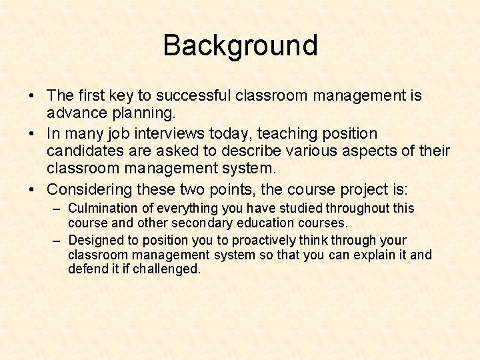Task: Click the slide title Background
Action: click(240, 46)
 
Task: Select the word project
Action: click(374, 189)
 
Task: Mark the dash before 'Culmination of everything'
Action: click(58, 209)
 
